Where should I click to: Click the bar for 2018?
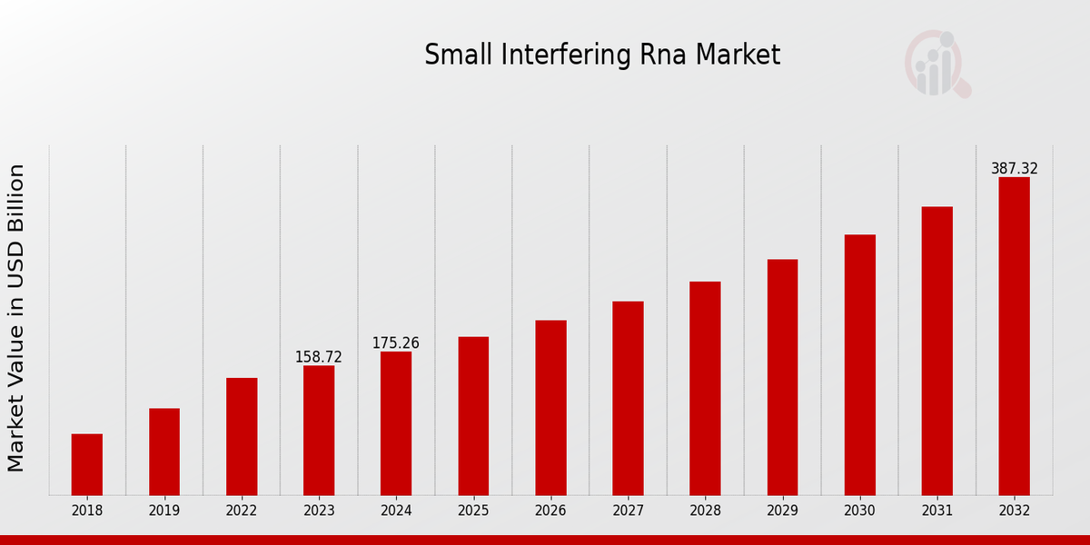[x=87, y=464]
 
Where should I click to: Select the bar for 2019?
[x=164, y=451]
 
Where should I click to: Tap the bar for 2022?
[x=242, y=436]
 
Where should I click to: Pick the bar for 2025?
[x=473, y=416]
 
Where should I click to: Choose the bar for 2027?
[x=628, y=398]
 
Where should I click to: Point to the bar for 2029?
[x=782, y=377]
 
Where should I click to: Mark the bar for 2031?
[x=936, y=351]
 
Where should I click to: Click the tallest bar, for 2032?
[x=1014, y=336]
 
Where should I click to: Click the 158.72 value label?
[x=319, y=357]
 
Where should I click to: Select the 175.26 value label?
[x=396, y=343]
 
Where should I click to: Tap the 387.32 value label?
[x=1014, y=169]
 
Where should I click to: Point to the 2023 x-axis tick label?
[x=319, y=510]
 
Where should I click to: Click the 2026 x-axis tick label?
[x=550, y=510]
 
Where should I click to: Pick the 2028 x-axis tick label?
[x=705, y=510]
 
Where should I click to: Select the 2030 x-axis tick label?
[x=859, y=510]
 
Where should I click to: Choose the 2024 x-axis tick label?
[x=396, y=510]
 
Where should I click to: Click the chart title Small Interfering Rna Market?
[x=602, y=55]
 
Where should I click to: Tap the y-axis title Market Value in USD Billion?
[x=16, y=318]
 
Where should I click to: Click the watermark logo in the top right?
[x=936, y=64]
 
